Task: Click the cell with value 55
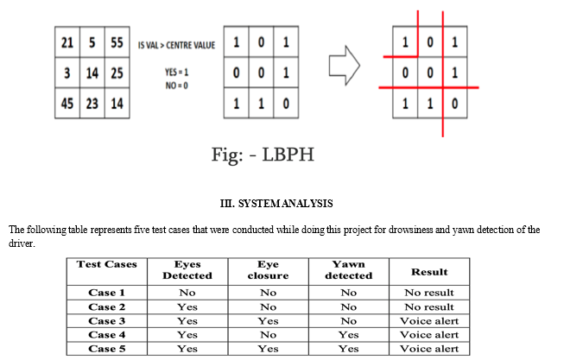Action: click(117, 42)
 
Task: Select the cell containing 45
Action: click(67, 104)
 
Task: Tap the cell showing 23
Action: click(92, 104)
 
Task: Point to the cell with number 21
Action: click(67, 42)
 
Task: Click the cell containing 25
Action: click(117, 73)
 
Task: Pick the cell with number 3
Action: click(67, 73)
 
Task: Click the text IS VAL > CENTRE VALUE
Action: click(176, 45)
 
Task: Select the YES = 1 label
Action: click(176, 73)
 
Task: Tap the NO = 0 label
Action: click(176, 85)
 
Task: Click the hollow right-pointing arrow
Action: click(345, 66)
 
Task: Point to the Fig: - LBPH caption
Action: click(263, 155)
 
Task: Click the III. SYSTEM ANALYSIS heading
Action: click(276, 204)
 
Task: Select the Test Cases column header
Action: click(107, 264)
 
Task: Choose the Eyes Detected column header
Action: click(187, 269)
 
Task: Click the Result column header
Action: click(429, 272)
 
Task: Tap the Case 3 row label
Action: click(107, 321)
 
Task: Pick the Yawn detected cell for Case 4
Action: click(349, 335)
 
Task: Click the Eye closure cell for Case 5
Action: click(268, 349)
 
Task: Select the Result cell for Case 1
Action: click(429, 293)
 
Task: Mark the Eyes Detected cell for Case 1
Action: click(187, 293)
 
